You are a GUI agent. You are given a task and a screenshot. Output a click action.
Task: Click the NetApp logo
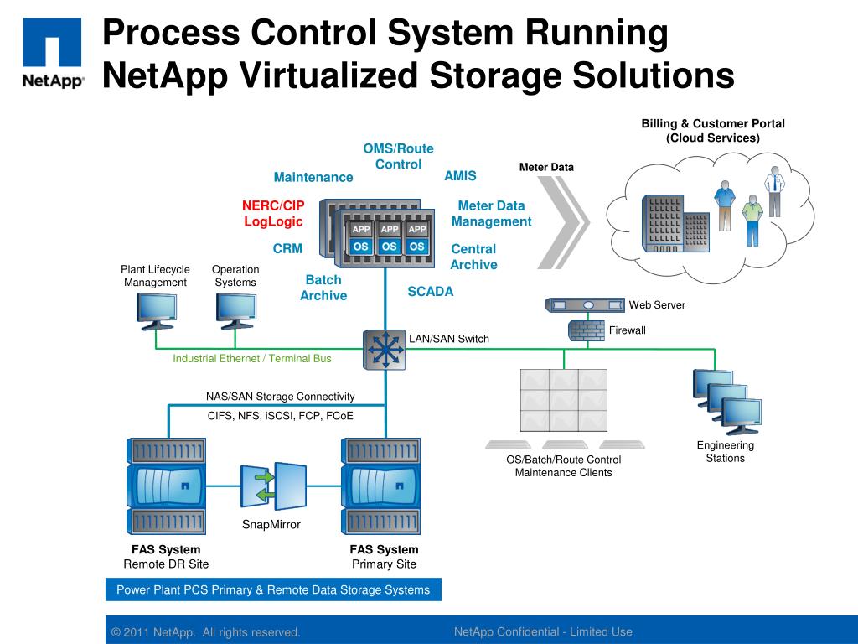coord(52,52)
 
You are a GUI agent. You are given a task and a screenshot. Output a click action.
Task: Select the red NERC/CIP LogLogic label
coord(273,214)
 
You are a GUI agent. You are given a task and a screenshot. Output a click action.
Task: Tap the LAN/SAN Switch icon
coord(385,349)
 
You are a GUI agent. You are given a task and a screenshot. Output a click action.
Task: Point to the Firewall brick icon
coord(586,330)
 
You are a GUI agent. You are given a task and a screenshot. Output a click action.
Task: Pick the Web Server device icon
coord(584,305)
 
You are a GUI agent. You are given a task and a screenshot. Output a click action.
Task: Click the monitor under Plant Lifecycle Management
coord(156,311)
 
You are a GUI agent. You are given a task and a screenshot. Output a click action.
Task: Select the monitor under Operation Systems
coord(235,311)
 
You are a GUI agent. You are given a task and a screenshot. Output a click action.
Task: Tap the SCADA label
coord(430,292)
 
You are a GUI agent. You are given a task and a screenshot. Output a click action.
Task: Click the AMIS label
coord(460,176)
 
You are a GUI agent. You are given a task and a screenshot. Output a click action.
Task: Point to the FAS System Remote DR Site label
coord(166,557)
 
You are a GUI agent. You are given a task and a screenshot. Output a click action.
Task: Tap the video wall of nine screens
coord(564,400)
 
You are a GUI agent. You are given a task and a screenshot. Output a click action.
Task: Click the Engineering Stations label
coord(726,451)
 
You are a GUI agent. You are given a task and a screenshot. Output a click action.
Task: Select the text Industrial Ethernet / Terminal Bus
coord(252,359)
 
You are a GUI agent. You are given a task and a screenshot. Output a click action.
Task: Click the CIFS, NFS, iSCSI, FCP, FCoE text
coord(281,415)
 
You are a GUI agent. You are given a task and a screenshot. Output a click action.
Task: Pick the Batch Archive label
coord(323,288)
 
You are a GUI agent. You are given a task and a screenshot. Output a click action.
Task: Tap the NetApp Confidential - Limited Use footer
coord(543,632)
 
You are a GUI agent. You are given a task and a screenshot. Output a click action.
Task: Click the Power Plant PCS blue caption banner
coord(273,589)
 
